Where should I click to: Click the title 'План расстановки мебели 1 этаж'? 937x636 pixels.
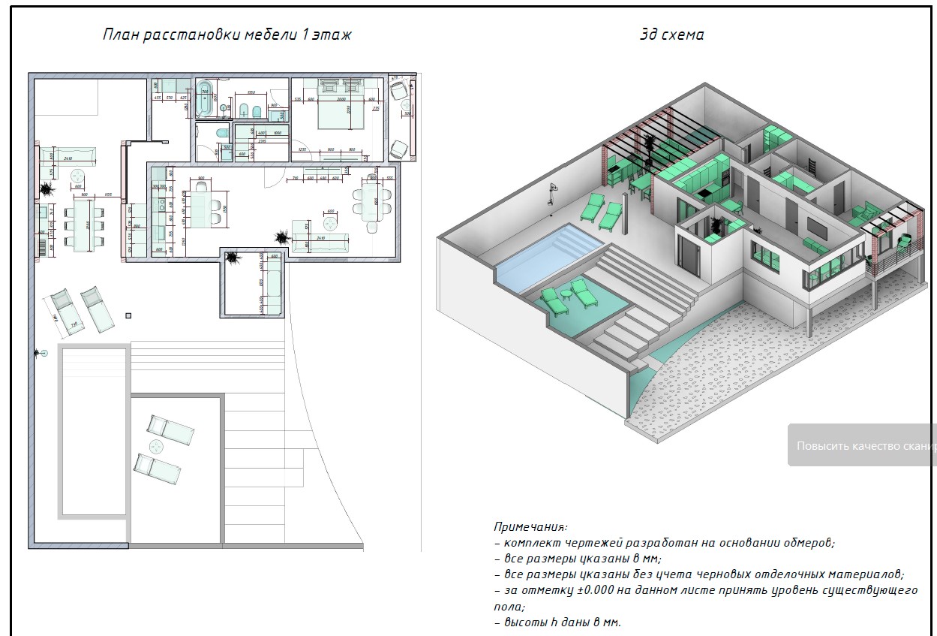pyautogui.click(x=226, y=35)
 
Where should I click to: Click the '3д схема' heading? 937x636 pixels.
pyautogui.click(x=671, y=35)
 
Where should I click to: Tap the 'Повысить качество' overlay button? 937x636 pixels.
pyautogui.click(x=863, y=445)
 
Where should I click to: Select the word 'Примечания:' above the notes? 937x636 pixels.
pyautogui.click(x=530, y=527)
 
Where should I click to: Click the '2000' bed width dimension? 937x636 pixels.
pyautogui.click(x=342, y=98)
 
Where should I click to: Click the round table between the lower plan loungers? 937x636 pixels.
pyautogui.click(x=157, y=447)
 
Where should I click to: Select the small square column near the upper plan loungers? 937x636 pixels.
pyautogui.click(x=129, y=315)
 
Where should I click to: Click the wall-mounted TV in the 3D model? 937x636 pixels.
pyautogui.click(x=816, y=225)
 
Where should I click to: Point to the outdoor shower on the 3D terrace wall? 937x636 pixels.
pyautogui.click(x=554, y=191)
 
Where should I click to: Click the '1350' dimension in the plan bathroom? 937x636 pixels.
pyautogui.click(x=251, y=93)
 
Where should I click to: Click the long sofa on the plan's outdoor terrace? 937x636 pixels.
pyautogui.click(x=67, y=156)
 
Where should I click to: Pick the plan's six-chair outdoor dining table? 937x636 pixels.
pyautogui.click(x=80, y=223)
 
